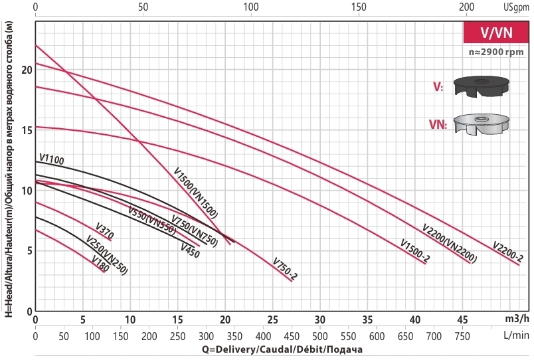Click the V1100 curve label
(52, 159)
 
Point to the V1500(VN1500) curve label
(196, 193)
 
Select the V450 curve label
(191, 248)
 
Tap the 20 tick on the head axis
(27, 70)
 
